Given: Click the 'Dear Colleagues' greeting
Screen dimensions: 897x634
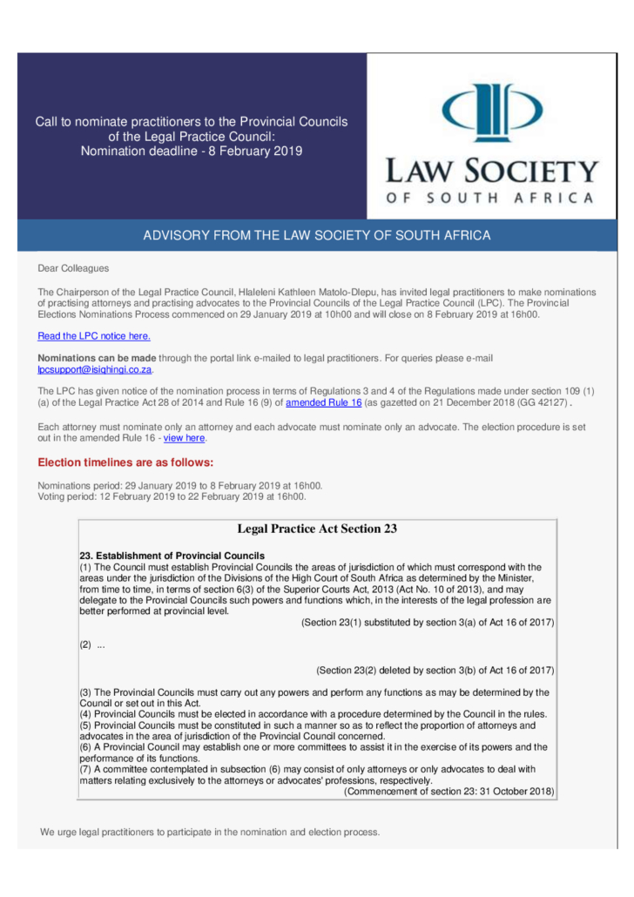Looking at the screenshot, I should coord(73,267).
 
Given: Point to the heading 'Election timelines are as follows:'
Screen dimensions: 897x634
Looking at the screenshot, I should coord(125,462).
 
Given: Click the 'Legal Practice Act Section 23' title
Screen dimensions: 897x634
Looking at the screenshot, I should coord(317,529).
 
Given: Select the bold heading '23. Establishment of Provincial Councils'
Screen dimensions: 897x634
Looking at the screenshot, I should coord(172,555).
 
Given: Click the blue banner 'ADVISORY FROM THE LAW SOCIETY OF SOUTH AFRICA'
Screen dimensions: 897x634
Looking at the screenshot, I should coord(317,236).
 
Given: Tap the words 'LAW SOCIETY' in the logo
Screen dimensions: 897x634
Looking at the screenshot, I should coord(492,170).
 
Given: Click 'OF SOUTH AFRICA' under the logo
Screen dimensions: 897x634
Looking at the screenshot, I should coord(492,198).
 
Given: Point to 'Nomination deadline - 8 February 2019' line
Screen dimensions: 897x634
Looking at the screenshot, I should coord(192,151).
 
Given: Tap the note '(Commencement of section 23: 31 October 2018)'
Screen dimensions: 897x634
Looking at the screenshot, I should coord(449,791).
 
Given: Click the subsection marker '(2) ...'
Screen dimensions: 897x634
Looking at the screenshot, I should coord(92,645).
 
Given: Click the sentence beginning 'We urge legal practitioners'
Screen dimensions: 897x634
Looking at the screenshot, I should coord(210,832).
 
